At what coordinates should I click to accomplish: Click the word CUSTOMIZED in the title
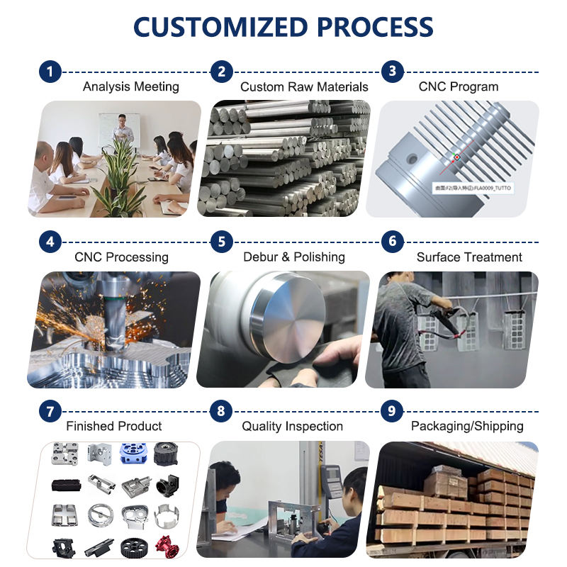pyautogui.click(x=219, y=27)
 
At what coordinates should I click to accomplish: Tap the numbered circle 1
pyautogui.click(x=50, y=72)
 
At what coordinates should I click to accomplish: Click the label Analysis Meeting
pyautogui.click(x=130, y=87)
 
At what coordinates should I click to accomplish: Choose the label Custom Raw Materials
pyautogui.click(x=304, y=87)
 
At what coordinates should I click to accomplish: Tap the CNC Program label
pyautogui.click(x=459, y=87)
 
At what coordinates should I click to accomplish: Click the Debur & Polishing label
pyautogui.click(x=293, y=257)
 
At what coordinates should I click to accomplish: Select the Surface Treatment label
pyautogui.click(x=469, y=257)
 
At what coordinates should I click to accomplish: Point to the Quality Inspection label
pyautogui.click(x=292, y=427)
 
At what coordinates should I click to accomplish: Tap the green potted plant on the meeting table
pyautogui.click(x=118, y=177)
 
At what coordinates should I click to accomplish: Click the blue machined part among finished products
pyautogui.click(x=133, y=454)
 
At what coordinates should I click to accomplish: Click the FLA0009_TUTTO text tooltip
pyautogui.click(x=472, y=189)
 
